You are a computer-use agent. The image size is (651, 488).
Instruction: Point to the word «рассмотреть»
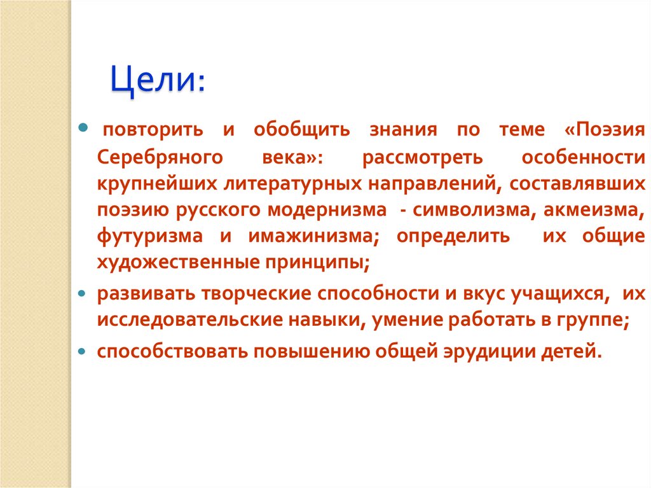423,157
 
